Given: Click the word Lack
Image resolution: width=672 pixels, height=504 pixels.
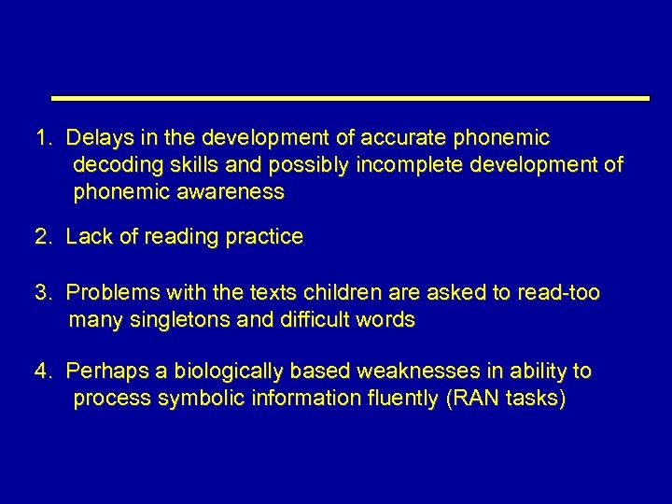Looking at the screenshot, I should (x=89, y=237).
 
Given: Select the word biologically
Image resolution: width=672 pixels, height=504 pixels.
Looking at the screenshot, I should (x=205, y=371).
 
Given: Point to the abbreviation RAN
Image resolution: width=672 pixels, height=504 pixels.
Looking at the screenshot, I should (x=473, y=399).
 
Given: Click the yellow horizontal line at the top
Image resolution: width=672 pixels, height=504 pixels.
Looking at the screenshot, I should (x=349, y=98).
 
